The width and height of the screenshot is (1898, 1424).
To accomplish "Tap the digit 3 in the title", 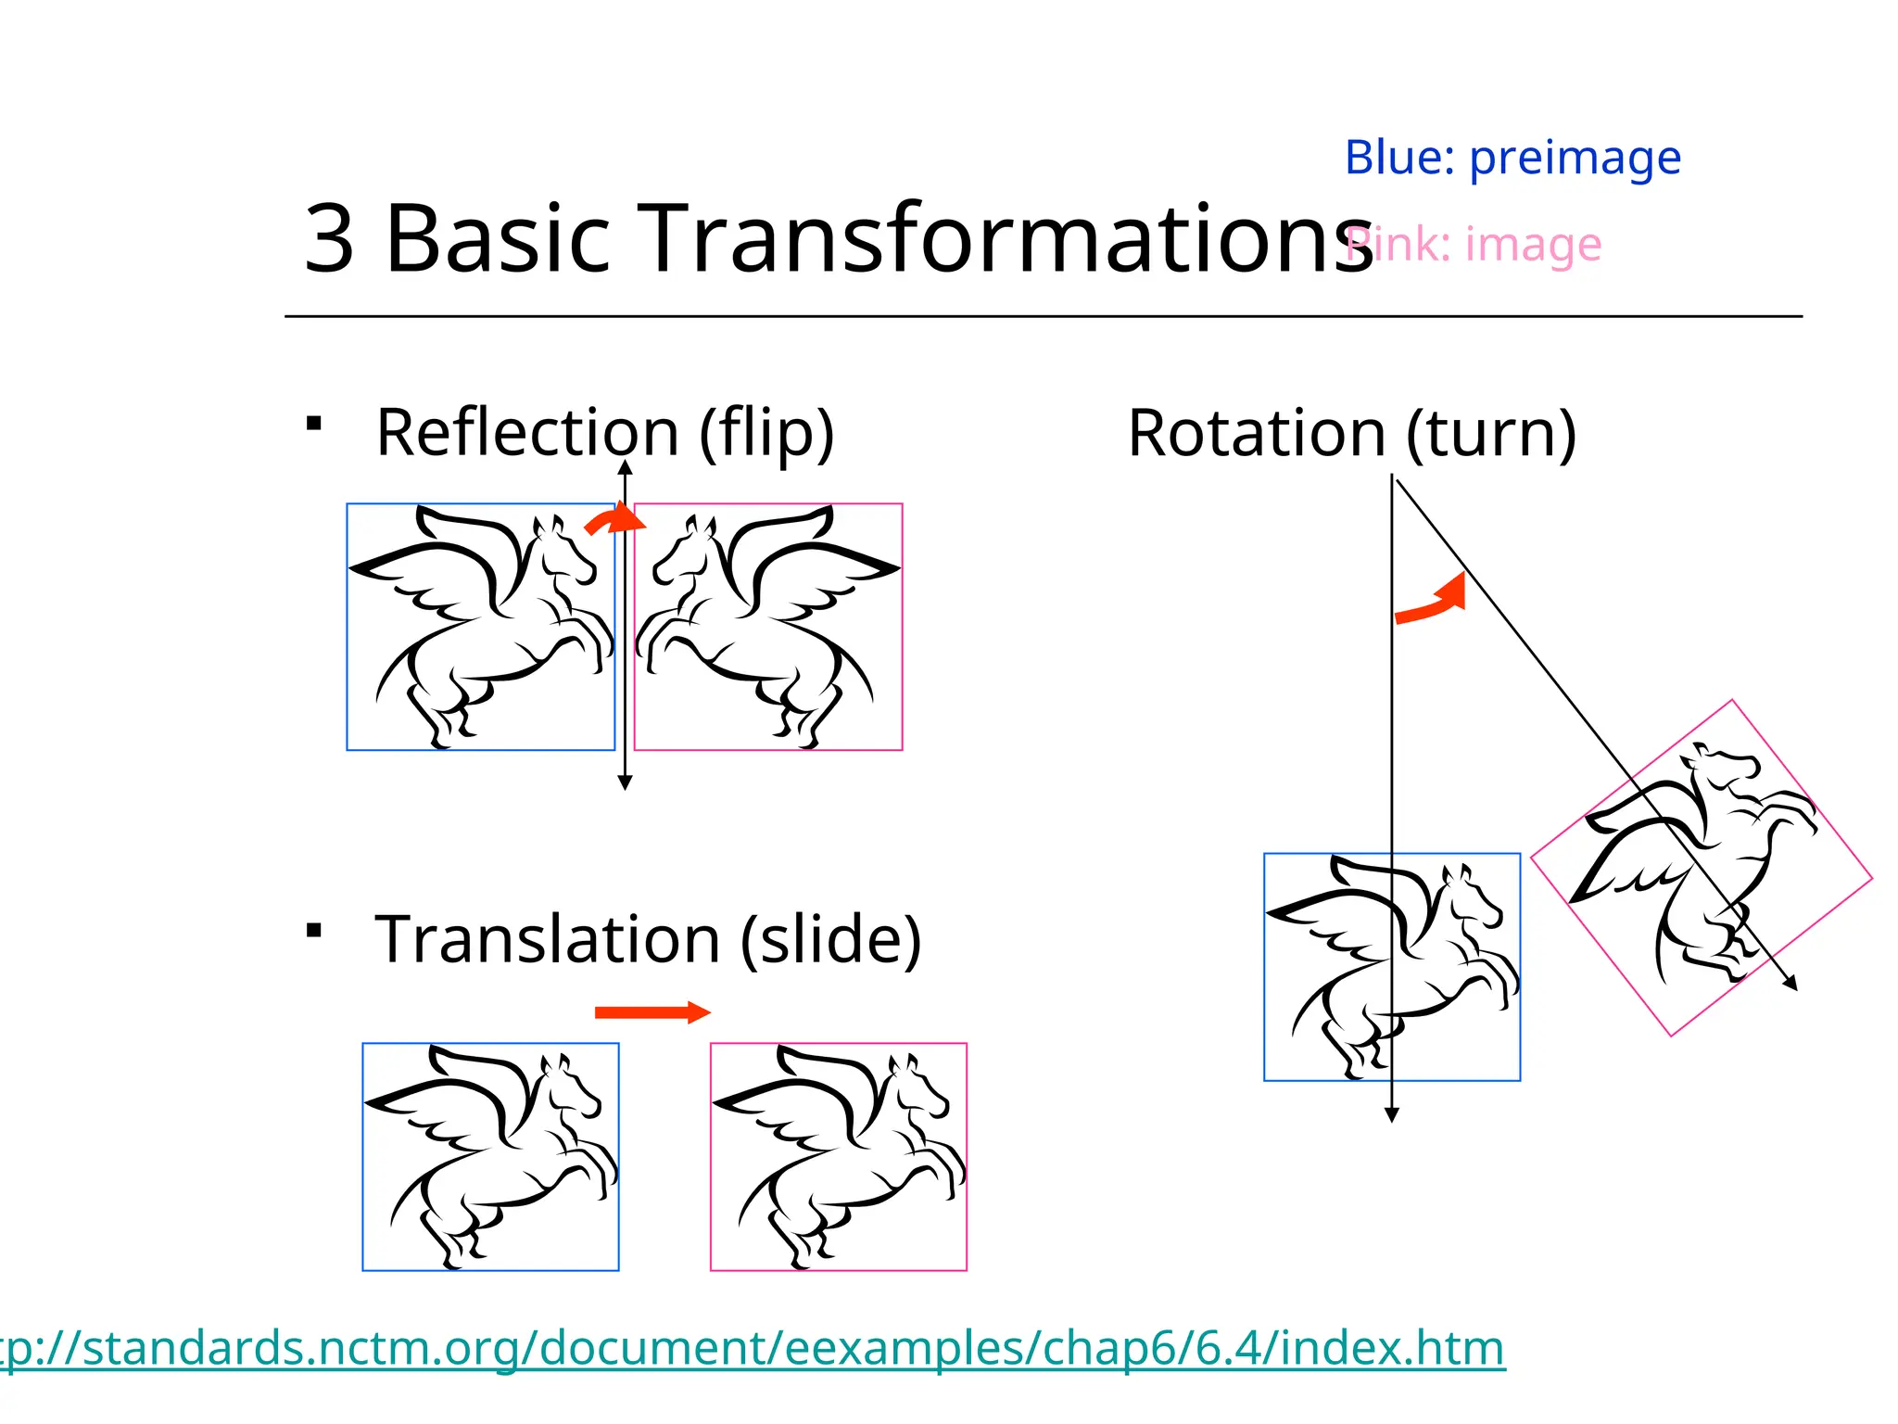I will click(329, 239).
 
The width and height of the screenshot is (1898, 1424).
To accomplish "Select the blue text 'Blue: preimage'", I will click(1512, 158).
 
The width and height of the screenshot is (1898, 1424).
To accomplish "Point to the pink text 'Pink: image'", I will click(1474, 245).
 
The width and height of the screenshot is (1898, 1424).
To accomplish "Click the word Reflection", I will click(527, 433).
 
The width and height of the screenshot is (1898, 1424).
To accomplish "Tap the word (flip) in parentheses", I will click(766, 433).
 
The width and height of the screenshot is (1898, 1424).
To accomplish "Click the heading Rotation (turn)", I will click(1351, 433).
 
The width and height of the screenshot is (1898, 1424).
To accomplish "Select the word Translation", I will click(547, 939).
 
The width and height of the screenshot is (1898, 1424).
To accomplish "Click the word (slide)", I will click(830, 939).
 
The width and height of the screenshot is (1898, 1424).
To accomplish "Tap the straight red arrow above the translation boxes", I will click(652, 1011).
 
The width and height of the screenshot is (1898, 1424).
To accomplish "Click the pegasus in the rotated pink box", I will click(1702, 867).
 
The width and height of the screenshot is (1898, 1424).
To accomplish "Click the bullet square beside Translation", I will click(314, 930).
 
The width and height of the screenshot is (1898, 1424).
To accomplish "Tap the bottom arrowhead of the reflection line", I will click(625, 783).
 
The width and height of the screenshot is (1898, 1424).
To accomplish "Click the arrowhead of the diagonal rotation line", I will click(1792, 985).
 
